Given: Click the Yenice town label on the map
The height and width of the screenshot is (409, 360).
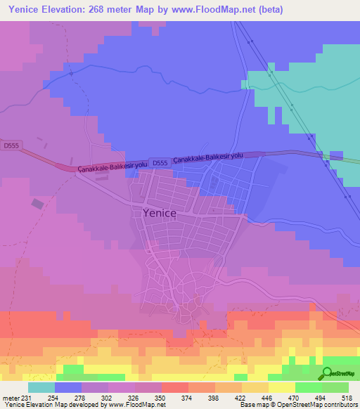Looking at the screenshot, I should pos(159,212).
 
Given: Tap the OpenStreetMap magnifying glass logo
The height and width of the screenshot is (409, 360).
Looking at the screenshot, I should pos(327,374).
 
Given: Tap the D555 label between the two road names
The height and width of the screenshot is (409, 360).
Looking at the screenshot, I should pos(160,162).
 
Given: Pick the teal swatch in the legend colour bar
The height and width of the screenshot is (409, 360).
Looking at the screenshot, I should pos(41,388).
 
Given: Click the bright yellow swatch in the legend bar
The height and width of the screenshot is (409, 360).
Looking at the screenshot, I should pos(282,388).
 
